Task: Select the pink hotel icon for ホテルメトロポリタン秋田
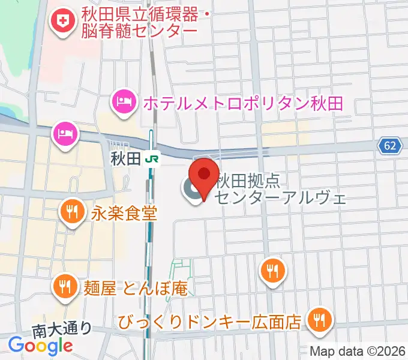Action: coord(124,100)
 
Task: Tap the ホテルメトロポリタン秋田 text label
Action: coord(242,103)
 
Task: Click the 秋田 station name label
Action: coord(125,159)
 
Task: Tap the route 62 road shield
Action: coord(390,145)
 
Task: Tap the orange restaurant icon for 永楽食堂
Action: coord(72,210)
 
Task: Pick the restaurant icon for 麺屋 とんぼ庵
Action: coord(64,284)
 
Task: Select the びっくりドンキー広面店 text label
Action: coord(209,322)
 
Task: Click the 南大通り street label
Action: coord(62,329)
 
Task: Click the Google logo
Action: coord(40,345)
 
